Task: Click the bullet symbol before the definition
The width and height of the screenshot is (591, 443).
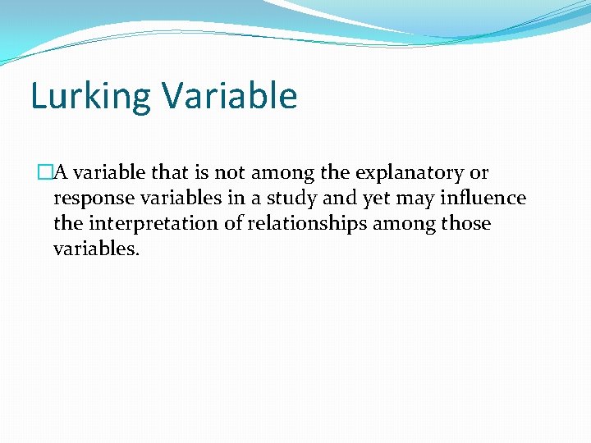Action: (44, 173)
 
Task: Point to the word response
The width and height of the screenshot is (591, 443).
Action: (89, 199)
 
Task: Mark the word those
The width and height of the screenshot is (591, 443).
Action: (465, 223)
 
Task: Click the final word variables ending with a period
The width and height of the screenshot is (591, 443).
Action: (97, 249)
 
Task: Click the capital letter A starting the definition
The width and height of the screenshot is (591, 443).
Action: (61, 173)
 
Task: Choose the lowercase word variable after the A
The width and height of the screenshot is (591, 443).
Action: (109, 173)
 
